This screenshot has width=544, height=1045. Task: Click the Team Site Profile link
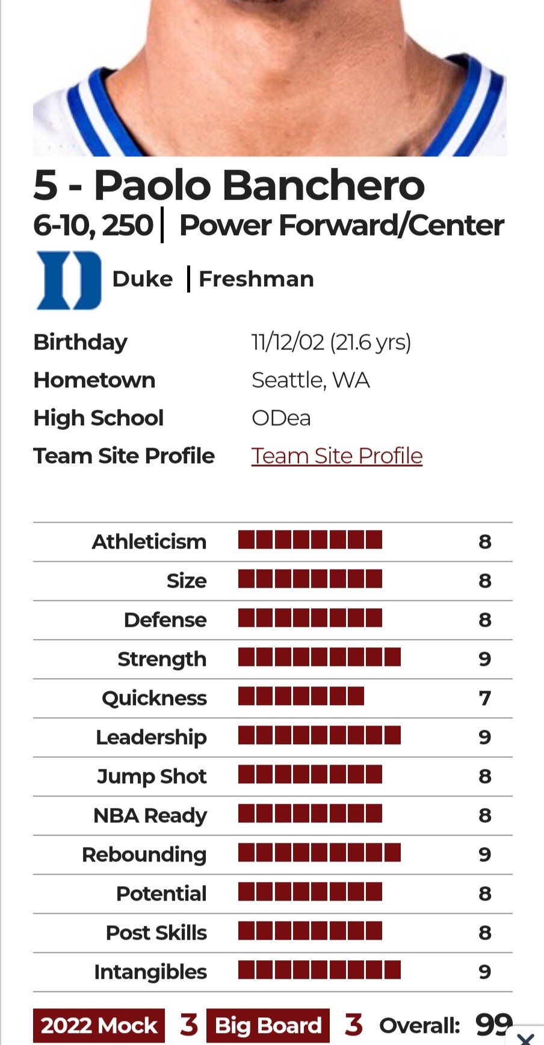(336, 456)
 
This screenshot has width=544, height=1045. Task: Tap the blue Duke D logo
(69, 280)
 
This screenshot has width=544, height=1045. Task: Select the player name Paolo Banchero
(259, 185)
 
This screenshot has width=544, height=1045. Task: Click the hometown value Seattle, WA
(311, 380)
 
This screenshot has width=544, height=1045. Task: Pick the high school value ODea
(281, 418)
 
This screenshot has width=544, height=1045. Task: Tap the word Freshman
(256, 279)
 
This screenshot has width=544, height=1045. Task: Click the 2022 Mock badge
(99, 1025)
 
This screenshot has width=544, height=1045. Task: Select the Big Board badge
(268, 1025)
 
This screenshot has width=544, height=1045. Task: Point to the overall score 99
(493, 1025)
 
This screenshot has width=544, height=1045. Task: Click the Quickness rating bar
(301, 696)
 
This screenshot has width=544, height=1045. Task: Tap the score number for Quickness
(484, 698)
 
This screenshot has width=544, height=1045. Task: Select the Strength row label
(162, 659)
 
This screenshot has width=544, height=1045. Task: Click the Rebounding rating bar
(319, 852)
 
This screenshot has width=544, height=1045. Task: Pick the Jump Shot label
(152, 776)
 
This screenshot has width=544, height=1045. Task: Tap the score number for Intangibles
(484, 972)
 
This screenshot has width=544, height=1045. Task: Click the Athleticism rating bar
(310, 540)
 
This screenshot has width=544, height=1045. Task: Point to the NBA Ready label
(150, 815)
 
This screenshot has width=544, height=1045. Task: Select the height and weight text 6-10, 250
(93, 226)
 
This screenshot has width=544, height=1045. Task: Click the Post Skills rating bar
(310, 931)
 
